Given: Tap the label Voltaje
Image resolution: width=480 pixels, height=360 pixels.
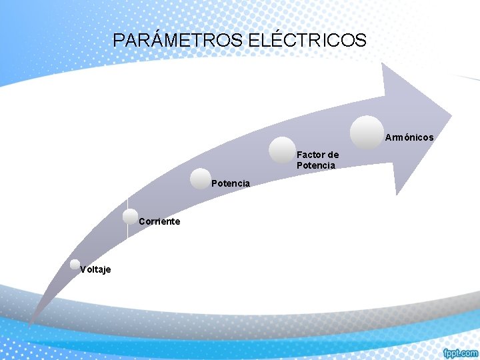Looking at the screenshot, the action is [95, 269].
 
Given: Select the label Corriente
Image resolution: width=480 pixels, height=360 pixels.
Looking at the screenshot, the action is [159, 221].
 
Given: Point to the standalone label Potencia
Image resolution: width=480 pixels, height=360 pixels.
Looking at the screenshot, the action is [231, 183].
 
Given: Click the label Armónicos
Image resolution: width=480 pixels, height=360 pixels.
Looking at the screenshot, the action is [409, 137].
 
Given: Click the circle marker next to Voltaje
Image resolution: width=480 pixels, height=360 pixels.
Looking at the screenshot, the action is [75, 265].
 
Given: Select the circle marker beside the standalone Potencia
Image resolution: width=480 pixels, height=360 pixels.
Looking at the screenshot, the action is [200, 178].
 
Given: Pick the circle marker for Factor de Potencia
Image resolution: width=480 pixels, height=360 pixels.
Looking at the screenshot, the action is [282, 150].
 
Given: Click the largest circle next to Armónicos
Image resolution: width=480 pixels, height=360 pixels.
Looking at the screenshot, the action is [367, 132].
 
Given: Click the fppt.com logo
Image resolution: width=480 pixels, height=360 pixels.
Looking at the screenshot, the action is [460, 352].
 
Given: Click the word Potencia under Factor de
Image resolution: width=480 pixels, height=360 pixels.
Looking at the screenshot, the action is [316, 165].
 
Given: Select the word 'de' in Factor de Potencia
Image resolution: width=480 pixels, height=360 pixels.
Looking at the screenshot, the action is [333, 155].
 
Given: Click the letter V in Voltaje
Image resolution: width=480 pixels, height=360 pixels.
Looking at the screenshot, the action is [83, 269].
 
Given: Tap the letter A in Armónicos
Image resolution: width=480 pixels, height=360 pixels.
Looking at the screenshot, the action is [388, 137].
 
